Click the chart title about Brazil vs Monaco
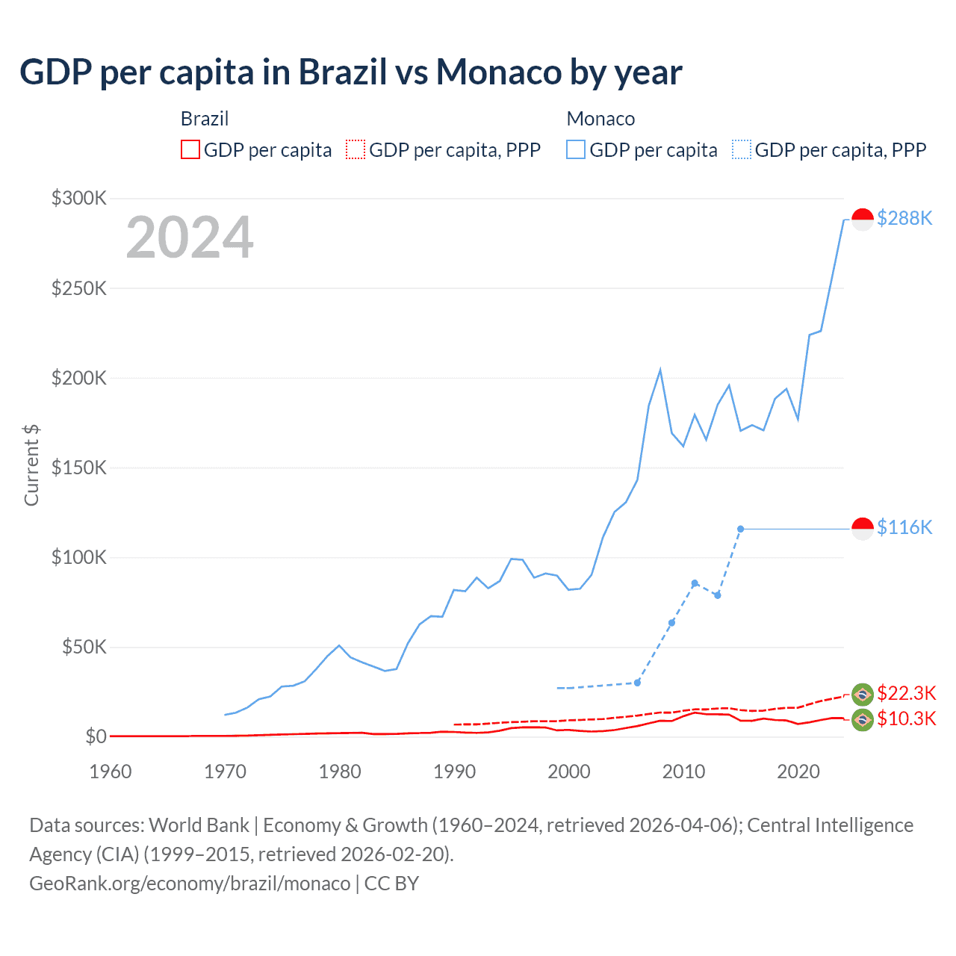(x=351, y=72)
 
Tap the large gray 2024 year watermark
(x=190, y=238)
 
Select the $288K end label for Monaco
(x=904, y=218)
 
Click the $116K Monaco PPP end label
(x=904, y=527)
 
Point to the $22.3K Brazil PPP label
(x=906, y=693)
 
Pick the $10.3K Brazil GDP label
(x=906, y=718)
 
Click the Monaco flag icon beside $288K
(x=863, y=220)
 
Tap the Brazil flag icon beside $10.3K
(x=863, y=720)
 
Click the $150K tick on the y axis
(x=79, y=468)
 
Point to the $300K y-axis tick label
(x=79, y=198)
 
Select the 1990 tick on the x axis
(x=454, y=772)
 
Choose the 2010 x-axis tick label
(x=683, y=772)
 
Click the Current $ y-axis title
(x=31, y=465)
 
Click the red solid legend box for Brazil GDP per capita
(x=190, y=150)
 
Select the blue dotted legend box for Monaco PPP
(x=742, y=150)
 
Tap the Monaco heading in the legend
(x=600, y=119)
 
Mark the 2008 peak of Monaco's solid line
(x=660, y=370)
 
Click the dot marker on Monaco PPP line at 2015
(x=740, y=529)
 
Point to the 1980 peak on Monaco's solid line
(x=339, y=645)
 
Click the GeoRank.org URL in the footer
(x=190, y=884)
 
